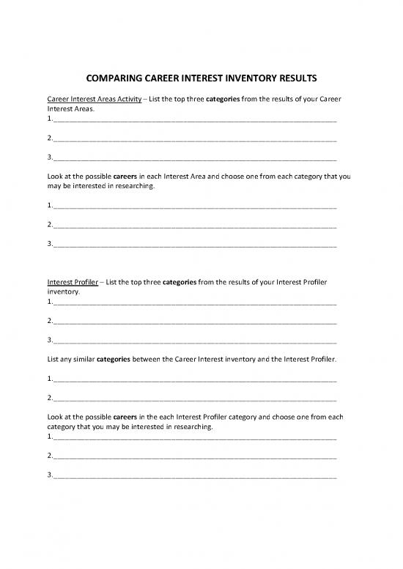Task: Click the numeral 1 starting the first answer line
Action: pos(48,117)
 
